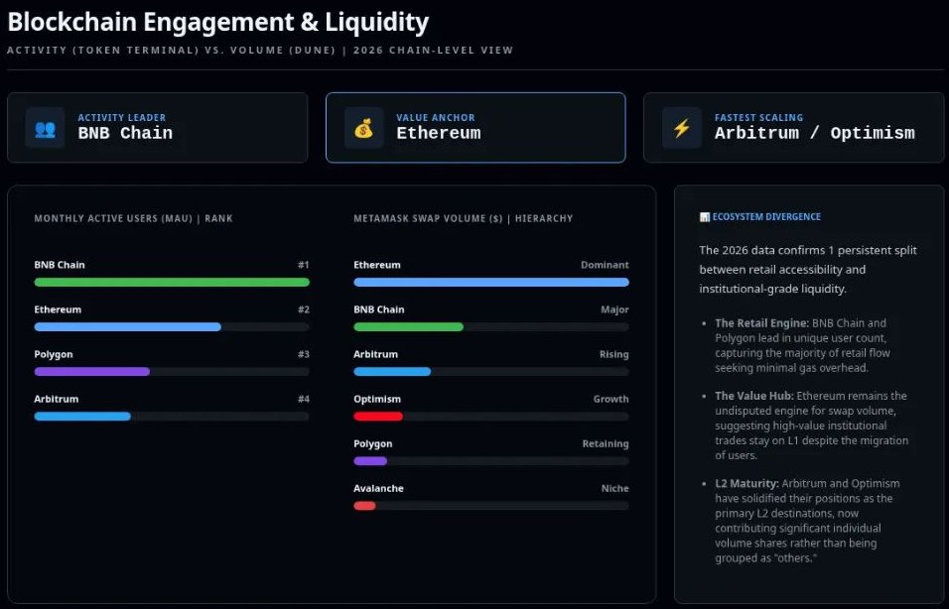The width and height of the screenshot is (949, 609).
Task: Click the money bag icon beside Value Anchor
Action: [363, 128]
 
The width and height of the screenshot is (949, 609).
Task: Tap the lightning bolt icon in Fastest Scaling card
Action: [681, 128]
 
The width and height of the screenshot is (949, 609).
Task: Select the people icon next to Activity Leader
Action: [45, 128]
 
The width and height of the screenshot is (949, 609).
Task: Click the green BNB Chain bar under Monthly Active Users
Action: [172, 282]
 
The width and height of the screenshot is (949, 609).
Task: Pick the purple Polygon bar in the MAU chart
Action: [92, 371]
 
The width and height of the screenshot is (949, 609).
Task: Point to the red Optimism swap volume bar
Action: [378, 416]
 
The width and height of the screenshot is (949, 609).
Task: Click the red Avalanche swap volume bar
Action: [364, 505]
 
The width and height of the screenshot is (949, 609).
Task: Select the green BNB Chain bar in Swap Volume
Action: [408, 326]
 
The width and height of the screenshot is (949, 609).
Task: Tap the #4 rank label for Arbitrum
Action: [303, 399]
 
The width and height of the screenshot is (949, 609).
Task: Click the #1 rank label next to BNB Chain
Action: [303, 265]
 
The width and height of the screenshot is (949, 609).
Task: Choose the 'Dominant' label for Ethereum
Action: [605, 265]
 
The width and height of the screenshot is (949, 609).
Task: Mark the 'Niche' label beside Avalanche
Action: [614, 488]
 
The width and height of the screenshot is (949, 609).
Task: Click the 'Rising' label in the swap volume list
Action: [613, 354]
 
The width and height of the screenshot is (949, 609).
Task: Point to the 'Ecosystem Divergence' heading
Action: [765, 216]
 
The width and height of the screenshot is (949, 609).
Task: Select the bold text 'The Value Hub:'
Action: [747, 396]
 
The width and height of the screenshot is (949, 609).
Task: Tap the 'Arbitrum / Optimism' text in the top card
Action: [814, 133]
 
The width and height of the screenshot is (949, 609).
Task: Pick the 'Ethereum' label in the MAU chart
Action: [58, 309]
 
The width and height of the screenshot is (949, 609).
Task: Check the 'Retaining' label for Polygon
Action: [605, 443]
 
